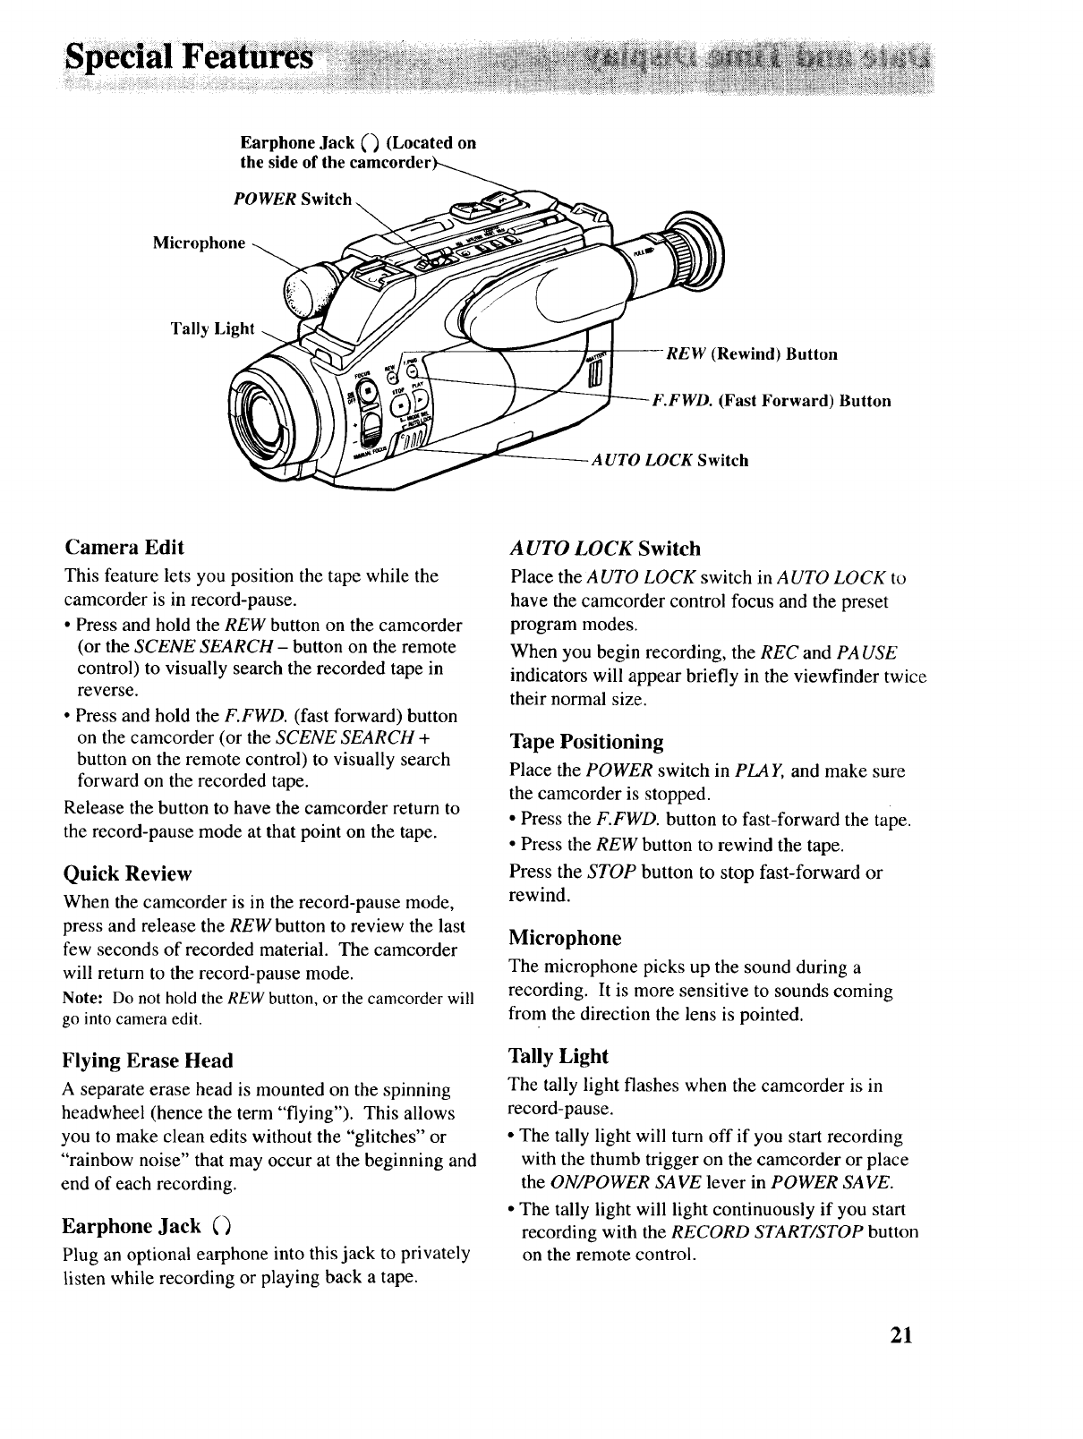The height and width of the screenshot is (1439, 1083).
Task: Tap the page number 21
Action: (901, 1336)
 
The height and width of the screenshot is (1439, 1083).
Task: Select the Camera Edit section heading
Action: (124, 547)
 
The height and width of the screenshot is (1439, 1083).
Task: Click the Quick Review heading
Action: (128, 873)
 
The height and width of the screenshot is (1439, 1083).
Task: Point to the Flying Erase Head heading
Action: (148, 1060)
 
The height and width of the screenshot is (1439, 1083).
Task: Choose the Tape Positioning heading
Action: (586, 742)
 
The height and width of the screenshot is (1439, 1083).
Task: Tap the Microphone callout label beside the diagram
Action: (199, 243)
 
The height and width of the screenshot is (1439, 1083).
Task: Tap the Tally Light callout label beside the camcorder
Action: (213, 328)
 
